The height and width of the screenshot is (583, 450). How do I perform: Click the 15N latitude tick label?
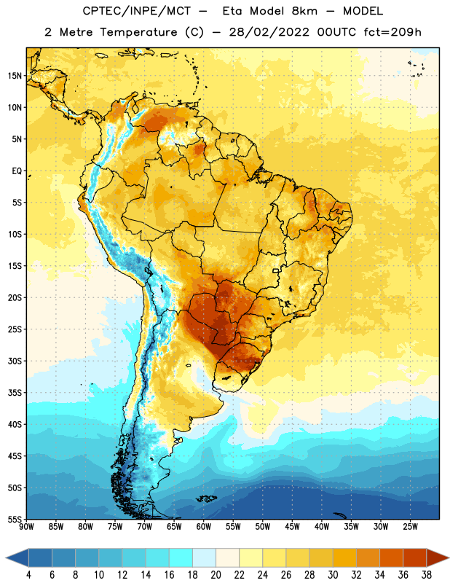pos(15,76)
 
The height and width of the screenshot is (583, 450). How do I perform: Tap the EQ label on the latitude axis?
pos(17,171)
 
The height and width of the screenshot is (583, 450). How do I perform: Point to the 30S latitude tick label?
pos(15,361)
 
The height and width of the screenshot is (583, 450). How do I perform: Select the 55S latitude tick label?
pos(15,520)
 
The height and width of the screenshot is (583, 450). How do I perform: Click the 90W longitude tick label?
pos(26,526)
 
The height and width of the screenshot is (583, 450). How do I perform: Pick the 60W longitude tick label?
pos(204,526)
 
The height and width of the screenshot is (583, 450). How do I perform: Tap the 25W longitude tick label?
pos(410,526)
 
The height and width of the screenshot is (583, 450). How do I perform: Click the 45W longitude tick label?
pos(292,526)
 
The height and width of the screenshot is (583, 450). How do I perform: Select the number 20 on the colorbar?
pos(216,575)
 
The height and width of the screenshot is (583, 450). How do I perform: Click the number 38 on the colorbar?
pos(427,575)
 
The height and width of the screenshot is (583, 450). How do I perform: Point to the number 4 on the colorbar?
pos(28,575)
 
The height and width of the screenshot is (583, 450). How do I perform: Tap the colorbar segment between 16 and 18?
pos(181,557)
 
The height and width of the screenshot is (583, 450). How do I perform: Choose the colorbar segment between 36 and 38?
pos(415,557)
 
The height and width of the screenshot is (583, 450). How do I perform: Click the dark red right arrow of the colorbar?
pos(437,557)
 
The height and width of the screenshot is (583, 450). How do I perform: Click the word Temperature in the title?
pos(138,32)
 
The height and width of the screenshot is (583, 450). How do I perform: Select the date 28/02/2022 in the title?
pos(269,32)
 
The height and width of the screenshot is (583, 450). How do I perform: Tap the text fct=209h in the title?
pos(392,32)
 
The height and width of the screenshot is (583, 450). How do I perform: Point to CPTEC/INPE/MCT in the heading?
pos(137,11)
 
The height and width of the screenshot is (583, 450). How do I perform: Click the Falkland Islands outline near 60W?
pos(207,498)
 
